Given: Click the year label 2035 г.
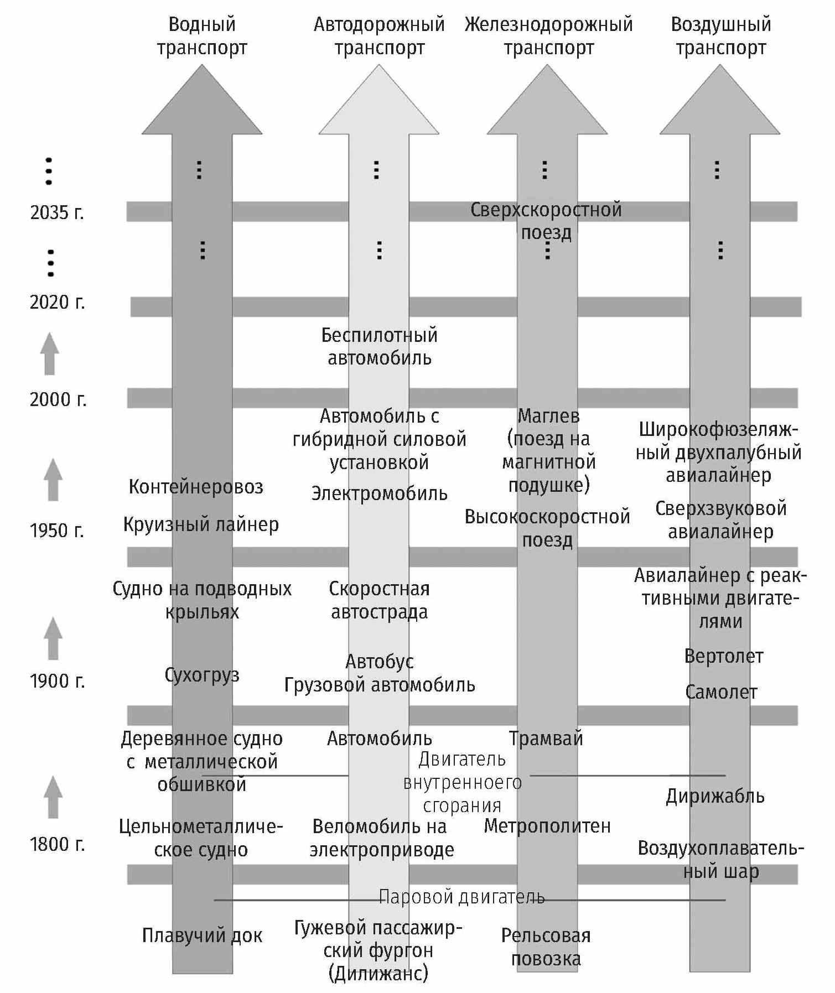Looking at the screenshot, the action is click(57, 212).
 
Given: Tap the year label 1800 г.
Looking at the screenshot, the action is click(57, 844).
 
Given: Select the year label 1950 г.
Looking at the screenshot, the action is click(57, 531).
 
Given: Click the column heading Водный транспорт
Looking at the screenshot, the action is click(202, 36).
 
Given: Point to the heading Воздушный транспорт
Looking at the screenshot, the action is click(720, 36).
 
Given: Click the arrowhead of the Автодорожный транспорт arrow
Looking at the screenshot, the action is click(379, 100).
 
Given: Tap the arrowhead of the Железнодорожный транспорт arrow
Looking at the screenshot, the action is click(547, 100).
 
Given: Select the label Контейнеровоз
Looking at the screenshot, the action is click(196, 487).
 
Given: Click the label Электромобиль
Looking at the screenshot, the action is click(379, 493).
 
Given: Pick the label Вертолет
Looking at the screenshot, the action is click(724, 656).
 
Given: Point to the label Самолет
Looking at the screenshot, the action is click(721, 692).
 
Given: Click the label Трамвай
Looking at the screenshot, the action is click(546, 739).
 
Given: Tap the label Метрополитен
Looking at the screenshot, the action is click(547, 826).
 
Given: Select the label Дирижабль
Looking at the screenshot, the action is click(715, 796).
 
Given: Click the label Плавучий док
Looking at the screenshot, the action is click(202, 935).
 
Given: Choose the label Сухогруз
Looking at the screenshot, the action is click(202, 675).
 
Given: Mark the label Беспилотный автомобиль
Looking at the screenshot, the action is click(380, 346).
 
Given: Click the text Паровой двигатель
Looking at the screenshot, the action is click(462, 897).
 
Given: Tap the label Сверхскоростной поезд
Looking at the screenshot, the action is click(546, 221).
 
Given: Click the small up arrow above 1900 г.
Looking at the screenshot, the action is click(53, 638).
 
